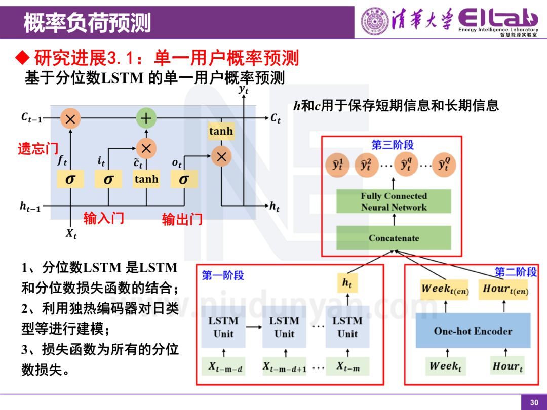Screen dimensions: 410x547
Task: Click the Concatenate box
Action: tap(394, 238)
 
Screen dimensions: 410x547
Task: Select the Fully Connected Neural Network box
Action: tap(394, 201)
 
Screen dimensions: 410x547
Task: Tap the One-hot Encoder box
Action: tap(473, 331)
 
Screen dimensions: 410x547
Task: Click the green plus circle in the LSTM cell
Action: tap(146, 119)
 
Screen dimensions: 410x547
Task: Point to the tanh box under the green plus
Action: tap(146, 179)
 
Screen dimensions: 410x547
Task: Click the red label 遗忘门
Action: tap(38, 149)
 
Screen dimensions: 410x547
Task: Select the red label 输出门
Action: tap(182, 219)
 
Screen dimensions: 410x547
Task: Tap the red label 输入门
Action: tap(104, 218)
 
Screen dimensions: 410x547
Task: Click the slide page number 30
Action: tap(534, 402)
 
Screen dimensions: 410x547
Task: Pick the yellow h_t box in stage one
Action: tap(347, 284)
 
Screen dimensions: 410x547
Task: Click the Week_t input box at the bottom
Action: tap(445, 366)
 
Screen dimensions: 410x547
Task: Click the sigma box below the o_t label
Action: tap(184, 179)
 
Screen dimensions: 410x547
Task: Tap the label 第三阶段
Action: tap(393, 145)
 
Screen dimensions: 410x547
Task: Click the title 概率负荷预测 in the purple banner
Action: tap(87, 23)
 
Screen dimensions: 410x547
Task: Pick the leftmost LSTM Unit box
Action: tap(223, 327)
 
